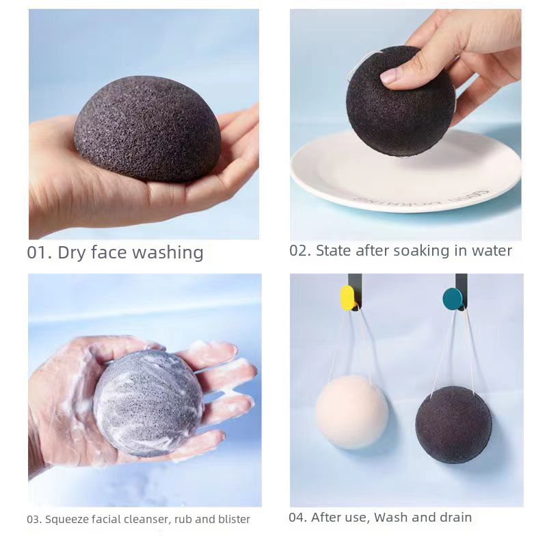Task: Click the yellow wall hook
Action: point(347,297)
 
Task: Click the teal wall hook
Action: point(453,298)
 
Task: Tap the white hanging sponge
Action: point(351,412)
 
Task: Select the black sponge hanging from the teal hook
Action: point(453,425)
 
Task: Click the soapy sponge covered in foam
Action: point(148,403)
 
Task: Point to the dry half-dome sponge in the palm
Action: point(148,129)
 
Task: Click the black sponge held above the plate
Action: point(401,101)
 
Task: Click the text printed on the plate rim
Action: point(421,198)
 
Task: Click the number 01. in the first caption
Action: point(40,252)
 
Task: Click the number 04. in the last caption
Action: point(298,518)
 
